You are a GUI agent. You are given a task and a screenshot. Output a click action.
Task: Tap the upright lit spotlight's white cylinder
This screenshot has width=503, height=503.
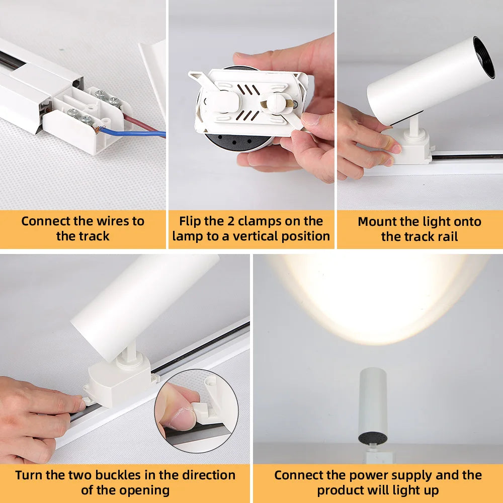[x=372, y=402]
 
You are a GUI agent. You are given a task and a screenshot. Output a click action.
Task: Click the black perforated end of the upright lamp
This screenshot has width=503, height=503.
[x=373, y=439]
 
